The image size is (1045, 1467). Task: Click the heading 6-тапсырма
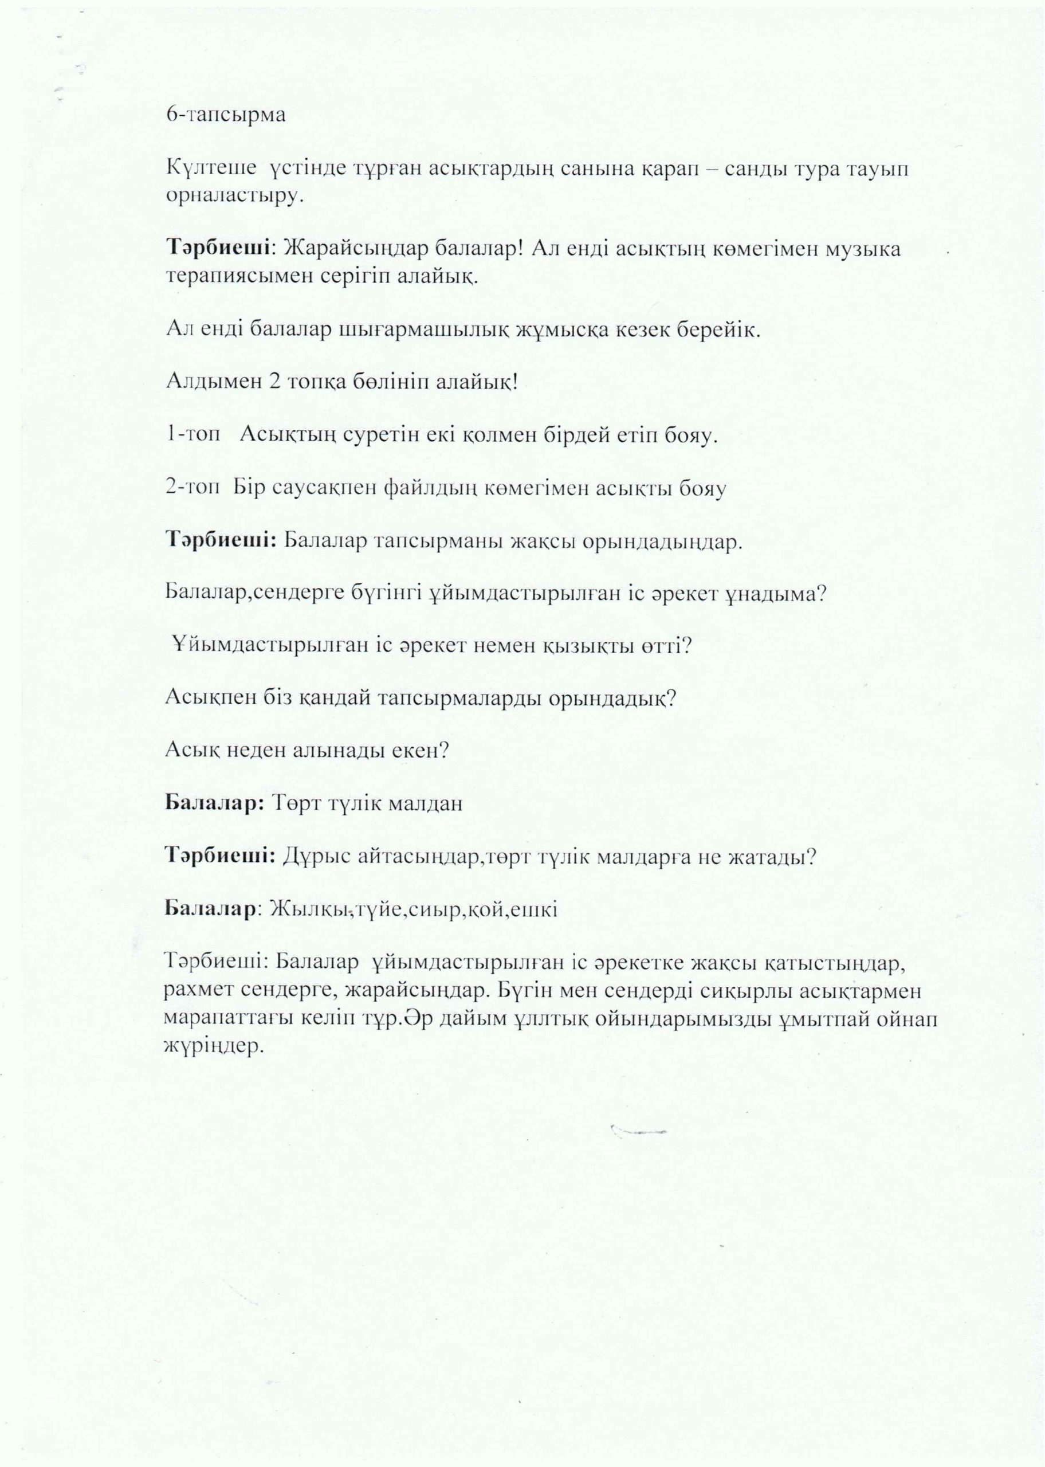[225, 116]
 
